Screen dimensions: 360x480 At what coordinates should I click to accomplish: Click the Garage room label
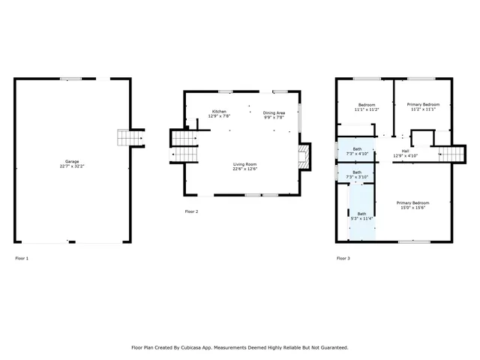point(72,161)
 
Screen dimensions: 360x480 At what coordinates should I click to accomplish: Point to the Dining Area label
point(274,112)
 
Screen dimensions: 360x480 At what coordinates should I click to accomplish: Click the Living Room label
point(244,164)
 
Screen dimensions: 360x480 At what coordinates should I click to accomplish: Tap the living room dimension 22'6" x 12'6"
point(244,169)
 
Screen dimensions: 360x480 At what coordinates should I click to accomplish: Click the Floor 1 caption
point(22,258)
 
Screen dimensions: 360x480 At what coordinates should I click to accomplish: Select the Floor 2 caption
point(191,211)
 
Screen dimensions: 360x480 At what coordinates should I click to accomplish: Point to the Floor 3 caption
point(343,258)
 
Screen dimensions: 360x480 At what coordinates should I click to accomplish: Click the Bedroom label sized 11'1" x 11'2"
point(367,109)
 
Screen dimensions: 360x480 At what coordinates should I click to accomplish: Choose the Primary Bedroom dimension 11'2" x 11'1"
point(423,109)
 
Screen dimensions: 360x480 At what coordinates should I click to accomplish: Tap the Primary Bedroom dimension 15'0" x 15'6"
point(412,208)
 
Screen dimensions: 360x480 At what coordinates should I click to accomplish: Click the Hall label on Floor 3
point(405,151)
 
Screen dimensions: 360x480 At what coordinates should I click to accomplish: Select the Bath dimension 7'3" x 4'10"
point(357,154)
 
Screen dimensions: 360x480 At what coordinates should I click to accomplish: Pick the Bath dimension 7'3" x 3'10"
point(357,177)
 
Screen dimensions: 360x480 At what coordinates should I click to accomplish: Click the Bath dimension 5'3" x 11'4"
point(362,218)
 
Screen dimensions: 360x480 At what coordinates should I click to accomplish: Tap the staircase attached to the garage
point(130,138)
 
